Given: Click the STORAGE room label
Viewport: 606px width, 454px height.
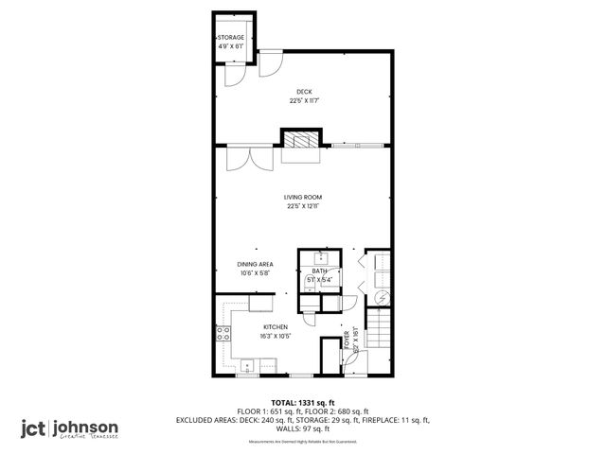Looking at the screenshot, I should tap(232, 38).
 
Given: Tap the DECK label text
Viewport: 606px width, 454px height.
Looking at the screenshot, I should tap(303, 91).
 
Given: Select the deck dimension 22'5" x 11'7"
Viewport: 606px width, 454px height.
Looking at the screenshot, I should tap(303, 100).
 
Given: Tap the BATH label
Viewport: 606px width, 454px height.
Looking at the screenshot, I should tap(320, 271).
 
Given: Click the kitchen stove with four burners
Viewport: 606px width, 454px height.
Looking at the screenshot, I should tap(223, 333).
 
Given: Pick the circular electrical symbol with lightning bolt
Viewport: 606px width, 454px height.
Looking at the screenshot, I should tap(382, 297).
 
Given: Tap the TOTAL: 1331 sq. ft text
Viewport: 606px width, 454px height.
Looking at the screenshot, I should tap(303, 402).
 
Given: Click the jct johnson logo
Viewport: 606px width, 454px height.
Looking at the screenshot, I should tap(71, 428).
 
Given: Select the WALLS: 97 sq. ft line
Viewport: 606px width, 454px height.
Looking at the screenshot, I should tap(303, 428).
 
